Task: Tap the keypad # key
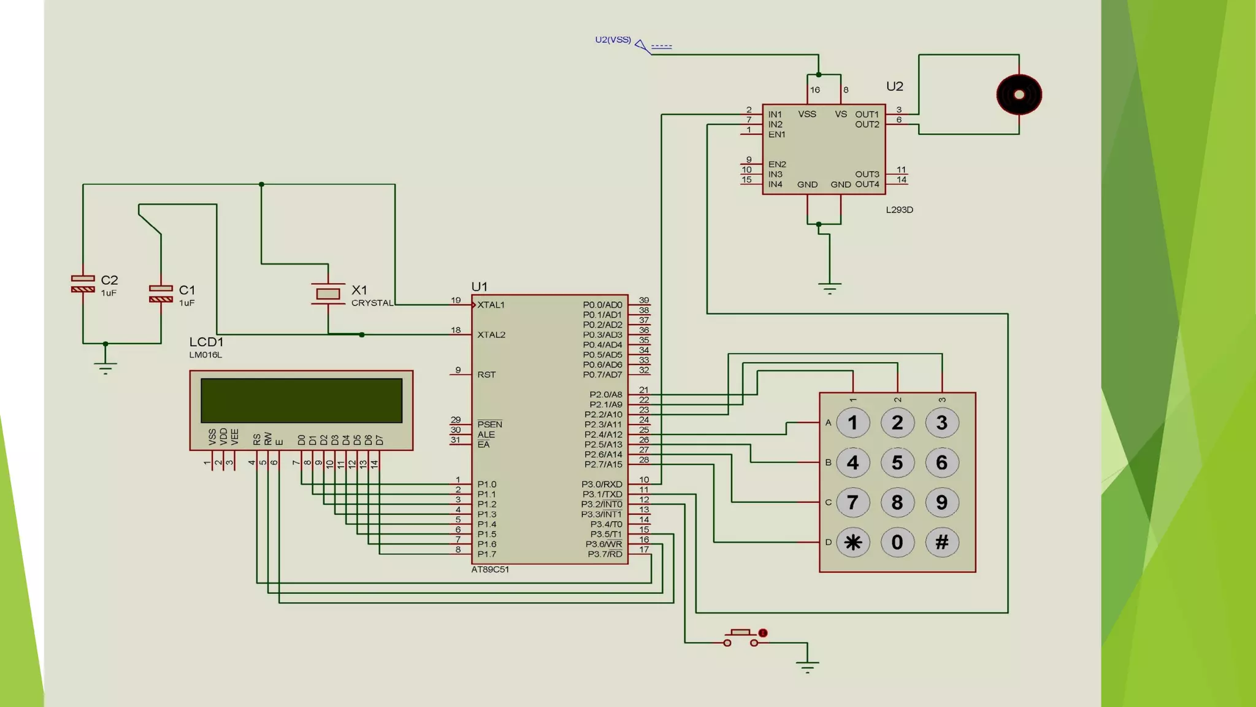[941, 543]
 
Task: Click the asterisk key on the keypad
[853, 543]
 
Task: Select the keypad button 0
[897, 543]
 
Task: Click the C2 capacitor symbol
[83, 284]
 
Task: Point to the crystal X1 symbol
[328, 294]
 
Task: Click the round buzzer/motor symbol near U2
[1019, 95]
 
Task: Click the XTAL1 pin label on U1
[491, 305]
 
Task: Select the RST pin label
[486, 375]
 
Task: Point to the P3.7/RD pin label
[605, 554]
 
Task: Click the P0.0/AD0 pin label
[602, 305]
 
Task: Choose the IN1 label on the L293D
[775, 115]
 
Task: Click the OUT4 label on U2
[867, 185]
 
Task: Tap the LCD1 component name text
[206, 342]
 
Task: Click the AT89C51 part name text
[490, 570]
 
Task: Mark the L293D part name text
[899, 210]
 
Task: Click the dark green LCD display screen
[301, 400]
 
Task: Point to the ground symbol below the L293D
[829, 287]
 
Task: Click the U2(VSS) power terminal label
[613, 40]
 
